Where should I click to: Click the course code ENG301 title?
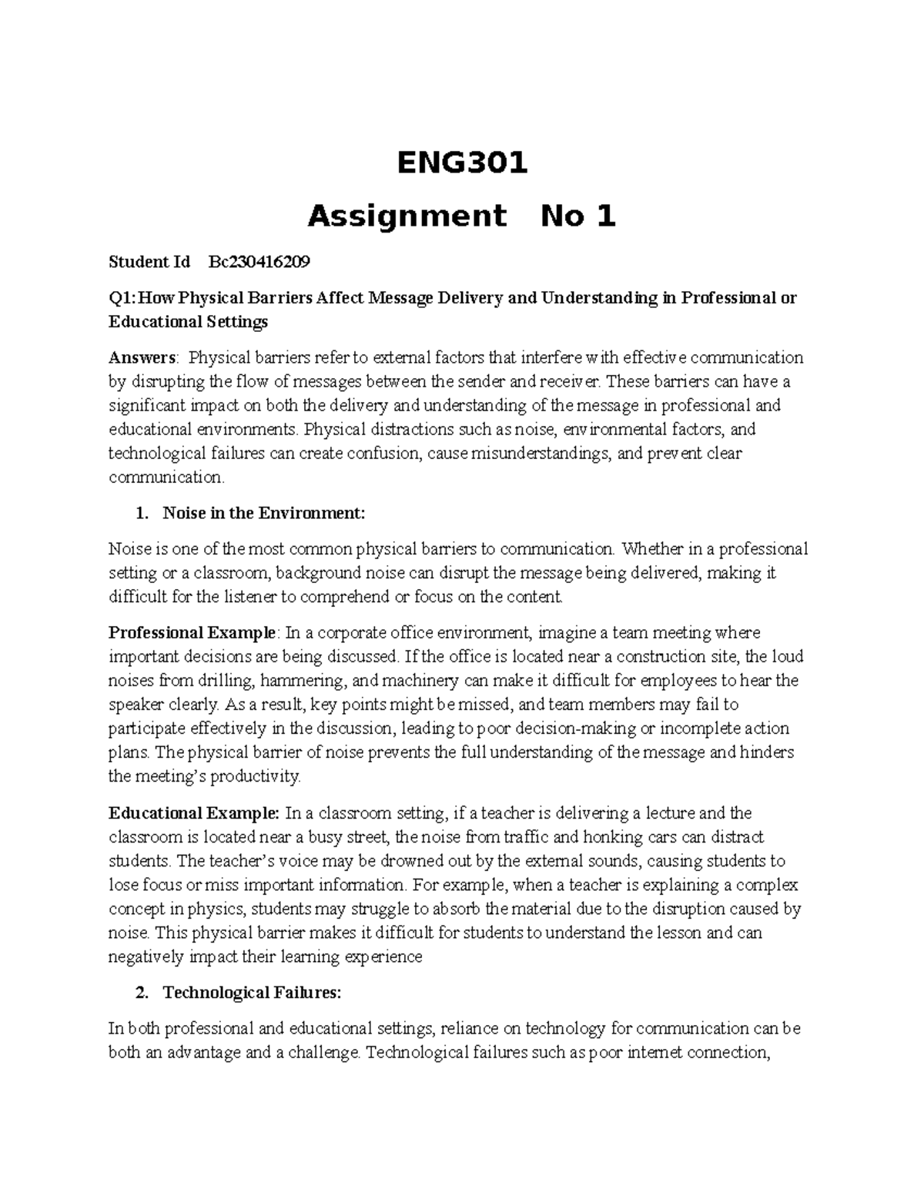(x=462, y=163)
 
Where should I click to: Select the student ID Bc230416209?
(x=259, y=262)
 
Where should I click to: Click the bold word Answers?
(x=142, y=357)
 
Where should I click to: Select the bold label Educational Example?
(x=193, y=813)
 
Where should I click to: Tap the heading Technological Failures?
(x=251, y=993)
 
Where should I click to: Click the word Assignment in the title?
(x=407, y=217)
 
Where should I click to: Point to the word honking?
(x=613, y=837)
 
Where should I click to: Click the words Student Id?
(x=149, y=262)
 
